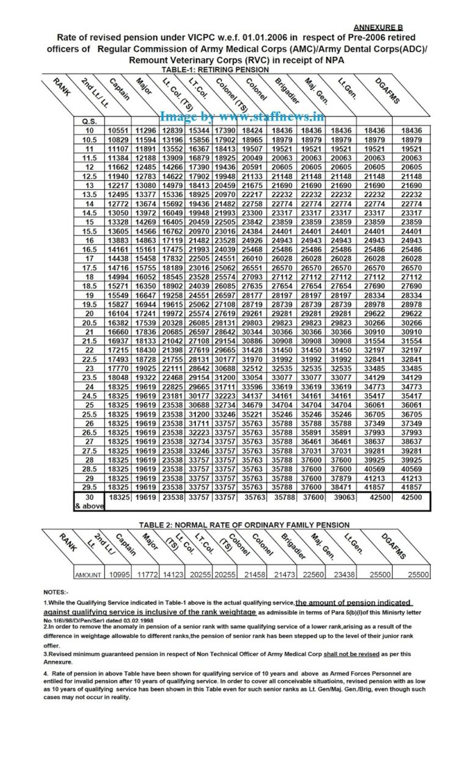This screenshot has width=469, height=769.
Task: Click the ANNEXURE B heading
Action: tap(379, 27)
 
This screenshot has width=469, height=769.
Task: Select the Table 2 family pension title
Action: tap(244, 524)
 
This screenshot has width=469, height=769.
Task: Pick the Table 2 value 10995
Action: tap(118, 574)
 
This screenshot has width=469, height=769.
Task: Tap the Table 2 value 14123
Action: tap(175, 574)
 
